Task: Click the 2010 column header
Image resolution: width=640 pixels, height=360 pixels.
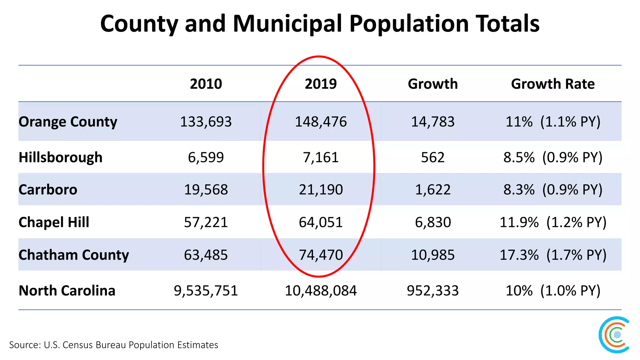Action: [x=206, y=84]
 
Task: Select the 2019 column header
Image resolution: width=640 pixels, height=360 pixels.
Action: [x=321, y=84]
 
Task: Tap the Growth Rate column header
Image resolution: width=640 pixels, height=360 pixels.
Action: [x=552, y=84]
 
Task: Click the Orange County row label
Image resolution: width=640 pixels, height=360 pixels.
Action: [x=68, y=122]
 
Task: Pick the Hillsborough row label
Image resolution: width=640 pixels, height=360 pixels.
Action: [x=60, y=157]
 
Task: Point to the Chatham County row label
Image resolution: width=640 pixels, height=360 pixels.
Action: [x=73, y=255]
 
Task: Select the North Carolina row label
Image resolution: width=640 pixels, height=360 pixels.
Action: [x=67, y=291]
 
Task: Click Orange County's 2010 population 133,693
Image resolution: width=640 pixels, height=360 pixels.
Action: [x=206, y=122]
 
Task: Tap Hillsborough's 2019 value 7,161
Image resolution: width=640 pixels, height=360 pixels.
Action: [x=321, y=157]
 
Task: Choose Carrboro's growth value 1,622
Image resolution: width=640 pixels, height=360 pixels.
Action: [x=433, y=190]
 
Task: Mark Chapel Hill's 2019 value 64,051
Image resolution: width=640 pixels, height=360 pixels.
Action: [x=321, y=222]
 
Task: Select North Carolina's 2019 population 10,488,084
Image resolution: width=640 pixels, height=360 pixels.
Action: [x=321, y=291]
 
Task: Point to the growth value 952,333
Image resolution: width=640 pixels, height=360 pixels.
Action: [x=433, y=291]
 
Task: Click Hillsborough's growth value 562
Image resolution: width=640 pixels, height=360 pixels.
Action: [x=433, y=157]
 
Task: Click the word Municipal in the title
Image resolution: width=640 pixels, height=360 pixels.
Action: [x=287, y=24]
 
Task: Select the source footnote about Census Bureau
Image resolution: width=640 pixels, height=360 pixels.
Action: [x=113, y=345]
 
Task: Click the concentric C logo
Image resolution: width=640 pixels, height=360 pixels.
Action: [x=614, y=335]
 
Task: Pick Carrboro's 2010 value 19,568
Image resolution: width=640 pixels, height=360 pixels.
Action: [x=206, y=190]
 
